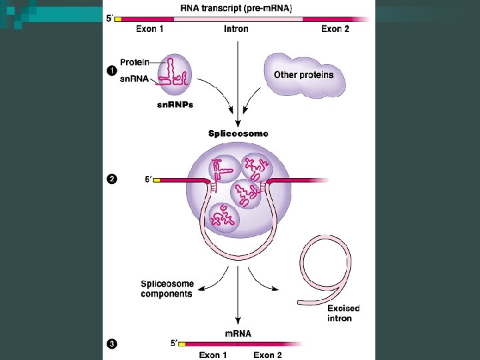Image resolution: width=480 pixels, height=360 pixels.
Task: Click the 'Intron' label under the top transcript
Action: click(236, 29)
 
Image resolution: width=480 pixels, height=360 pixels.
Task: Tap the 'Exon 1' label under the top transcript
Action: click(150, 29)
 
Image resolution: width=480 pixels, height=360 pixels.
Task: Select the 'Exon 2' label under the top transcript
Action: click(335, 29)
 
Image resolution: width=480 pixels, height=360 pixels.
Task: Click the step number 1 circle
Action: click(111, 71)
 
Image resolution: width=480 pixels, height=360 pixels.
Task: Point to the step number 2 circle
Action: click(111, 179)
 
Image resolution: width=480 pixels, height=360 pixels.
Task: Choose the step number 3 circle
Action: click(111, 344)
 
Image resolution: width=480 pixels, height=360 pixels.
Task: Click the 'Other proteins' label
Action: click(303, 75)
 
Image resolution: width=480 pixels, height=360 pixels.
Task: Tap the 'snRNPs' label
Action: click(174, 105)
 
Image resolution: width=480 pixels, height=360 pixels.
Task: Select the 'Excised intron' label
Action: click(343, 313)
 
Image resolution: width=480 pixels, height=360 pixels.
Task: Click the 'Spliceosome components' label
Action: click(167, 289)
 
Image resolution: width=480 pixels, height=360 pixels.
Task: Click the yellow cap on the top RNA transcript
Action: click(118, 19)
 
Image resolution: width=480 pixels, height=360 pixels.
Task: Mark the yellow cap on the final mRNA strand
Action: click(181, 344)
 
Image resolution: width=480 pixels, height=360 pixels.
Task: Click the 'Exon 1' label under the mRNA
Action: click(213, 355)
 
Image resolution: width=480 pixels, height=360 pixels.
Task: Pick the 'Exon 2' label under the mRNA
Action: click(267, 355)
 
